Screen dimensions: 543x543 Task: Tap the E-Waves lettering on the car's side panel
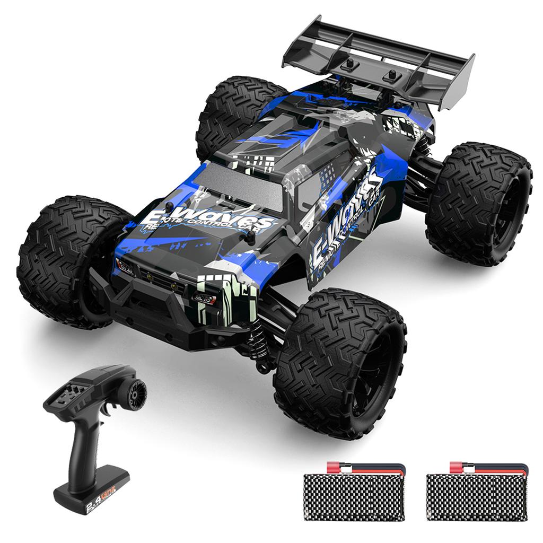pos(345,212)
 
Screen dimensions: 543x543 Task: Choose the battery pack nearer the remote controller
pos(354,496)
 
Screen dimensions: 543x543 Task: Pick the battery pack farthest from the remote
pos(477,496)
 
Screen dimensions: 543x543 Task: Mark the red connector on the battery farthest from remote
pos(459,467)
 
